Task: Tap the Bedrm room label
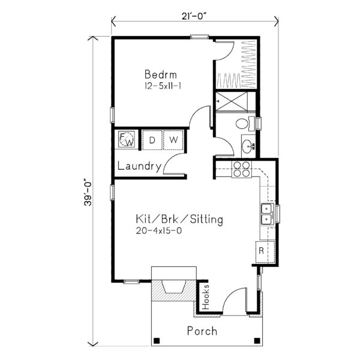click(161, 75)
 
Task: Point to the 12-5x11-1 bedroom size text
click(162, 86)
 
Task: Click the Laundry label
click(139, 167)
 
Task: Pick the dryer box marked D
click(152, 140)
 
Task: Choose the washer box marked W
click(173, 140)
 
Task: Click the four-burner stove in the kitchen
click(242, 170)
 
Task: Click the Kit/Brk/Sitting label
click(179, 220)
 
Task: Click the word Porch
click(202, 331)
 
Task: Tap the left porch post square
click(157, 341)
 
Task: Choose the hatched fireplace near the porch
click(174, 293)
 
